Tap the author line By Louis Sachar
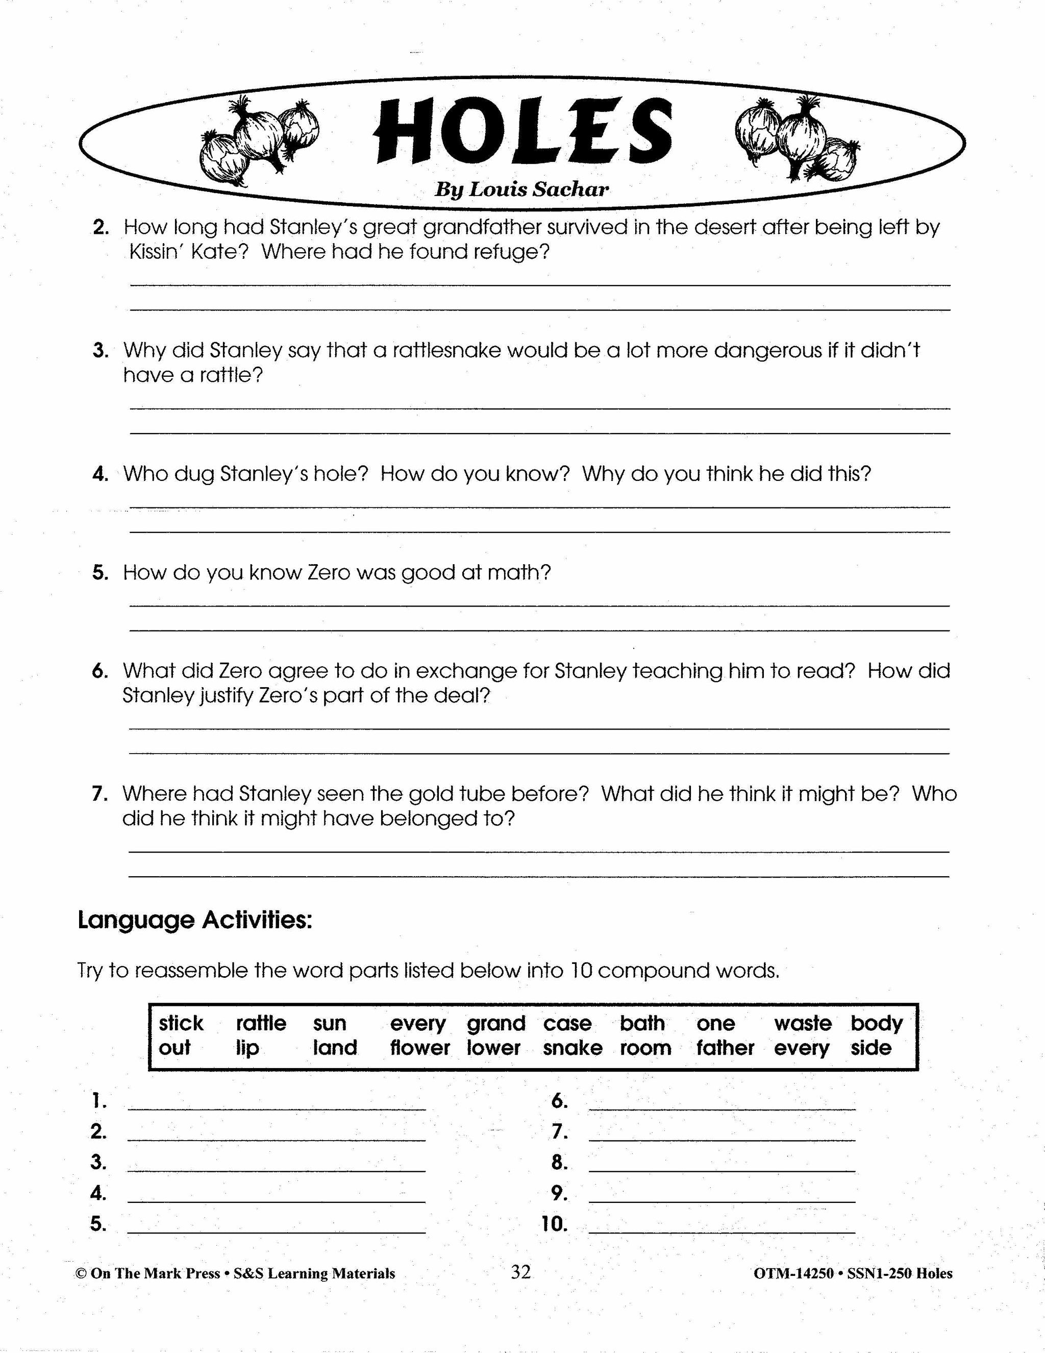(521, 189)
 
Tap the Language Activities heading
(195, 920)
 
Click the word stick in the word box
(181, 1023)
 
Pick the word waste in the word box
(802, 1023)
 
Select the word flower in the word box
(420, 1048)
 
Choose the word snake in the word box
(573, 1048)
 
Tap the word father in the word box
(725, 1048)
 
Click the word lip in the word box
(247, 1048)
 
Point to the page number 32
(520, 1272)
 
